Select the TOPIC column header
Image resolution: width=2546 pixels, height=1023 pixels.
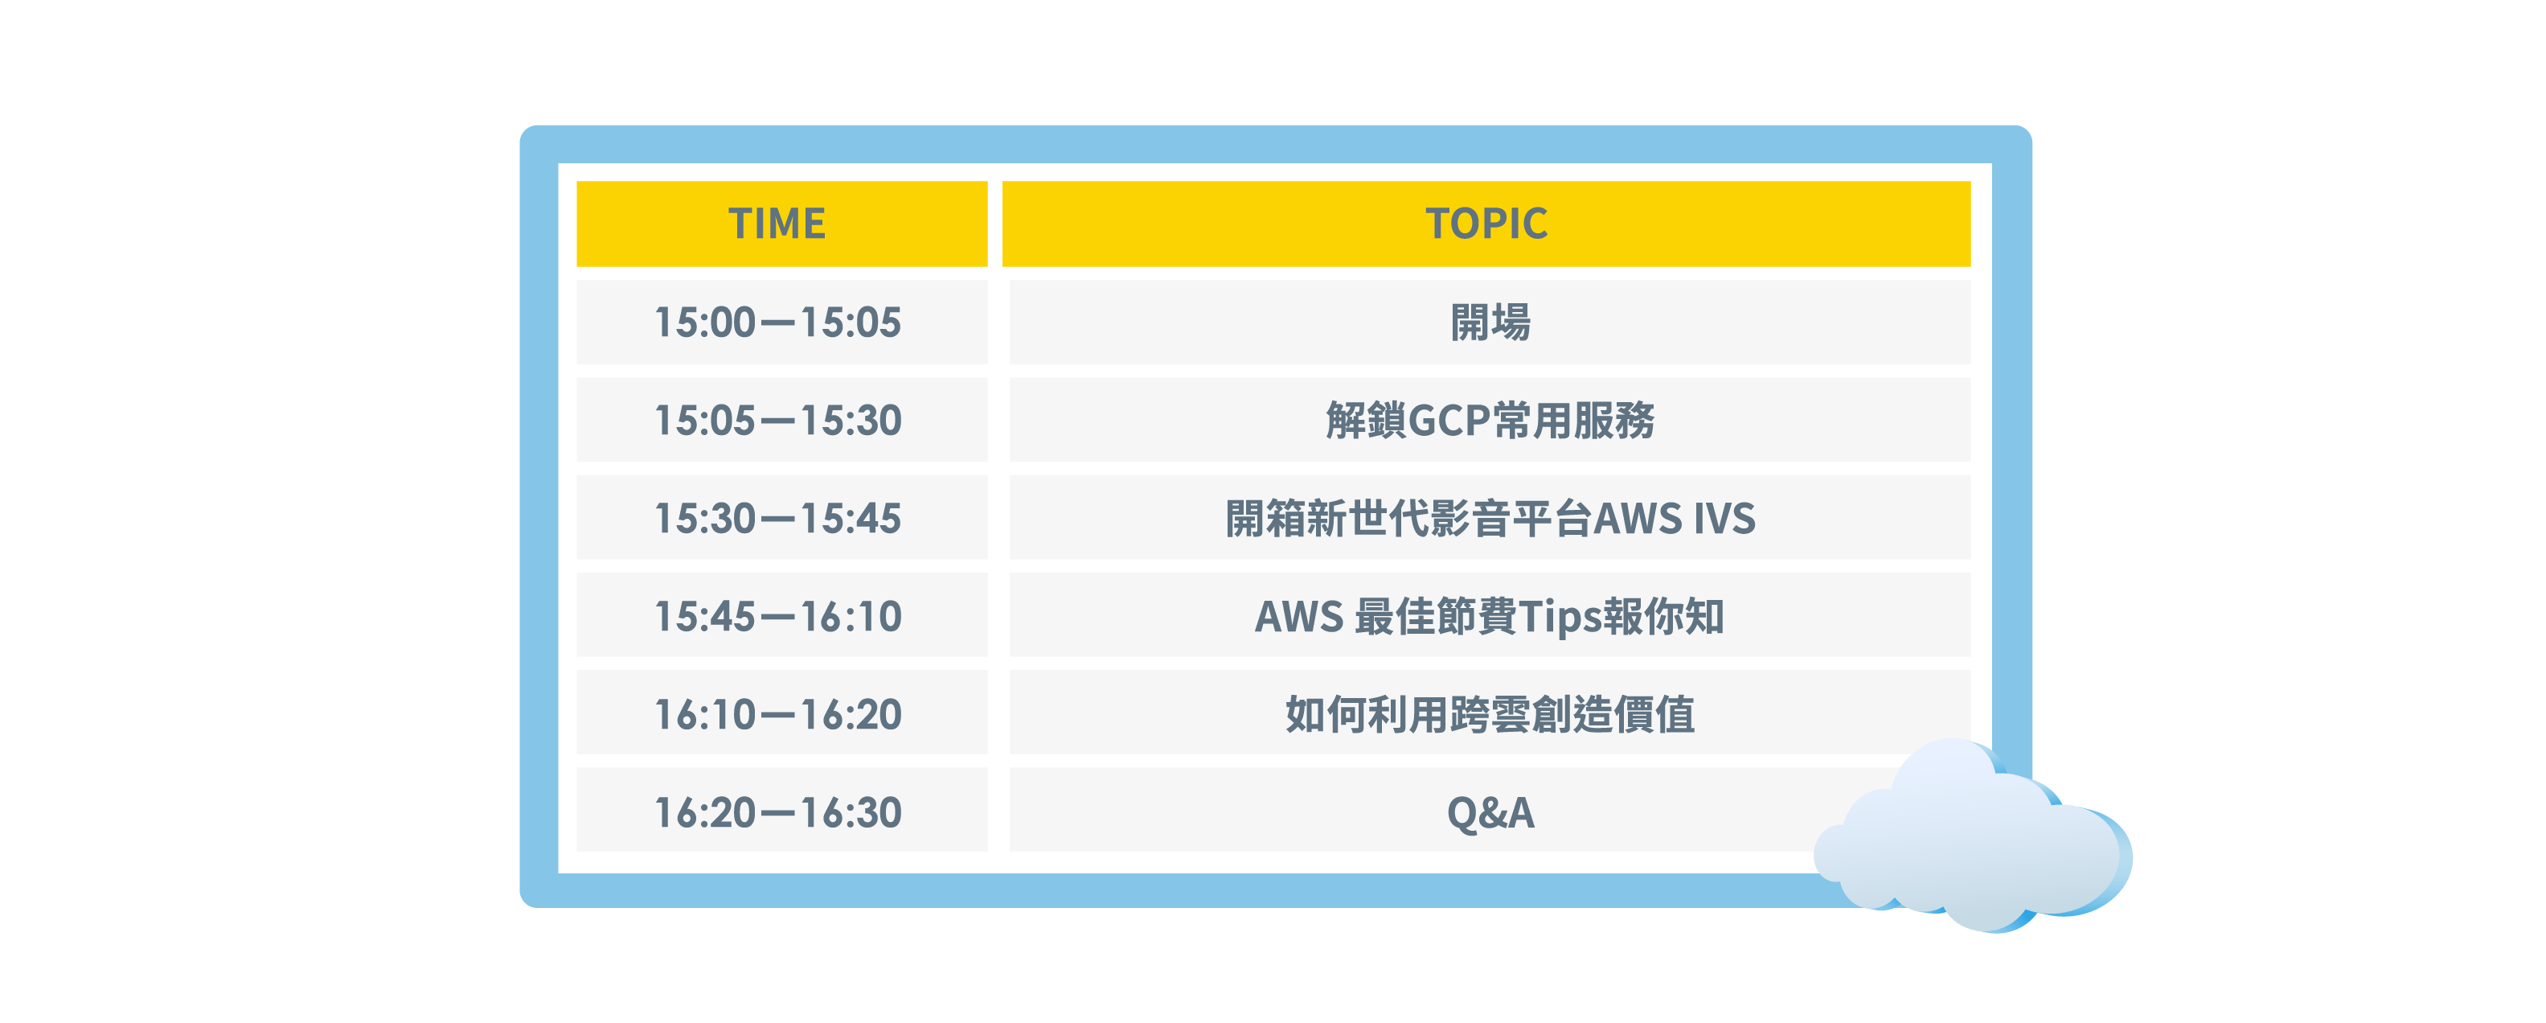tap(1486, 224)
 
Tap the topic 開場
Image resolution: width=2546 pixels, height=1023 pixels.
tap(1490, 323)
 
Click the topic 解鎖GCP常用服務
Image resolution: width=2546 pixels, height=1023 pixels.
tap(1490, 420)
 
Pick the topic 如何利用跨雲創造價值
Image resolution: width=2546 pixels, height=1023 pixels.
tap(1490, 713)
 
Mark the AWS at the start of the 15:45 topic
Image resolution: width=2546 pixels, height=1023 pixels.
tap(1298, 617)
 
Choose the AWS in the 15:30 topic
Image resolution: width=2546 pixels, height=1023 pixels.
tap(1638, 519)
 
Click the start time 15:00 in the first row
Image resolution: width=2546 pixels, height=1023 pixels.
tap(705, 323)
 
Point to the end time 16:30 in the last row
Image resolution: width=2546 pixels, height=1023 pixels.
tap(851, 812)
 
